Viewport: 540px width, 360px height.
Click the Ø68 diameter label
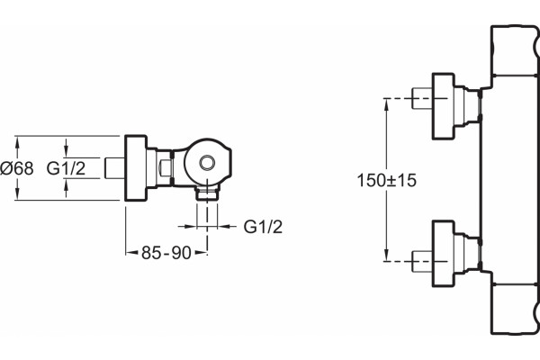point(17,168)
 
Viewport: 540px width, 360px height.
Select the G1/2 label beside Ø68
point(66,168)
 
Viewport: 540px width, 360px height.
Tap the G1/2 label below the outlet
point(263,227)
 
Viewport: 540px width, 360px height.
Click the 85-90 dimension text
point(166,253)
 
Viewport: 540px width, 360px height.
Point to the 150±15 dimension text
point(387,180)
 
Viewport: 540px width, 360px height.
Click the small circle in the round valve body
point(207,162)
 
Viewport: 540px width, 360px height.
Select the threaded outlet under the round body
point(207,193)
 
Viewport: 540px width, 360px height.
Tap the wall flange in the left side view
point(136,167)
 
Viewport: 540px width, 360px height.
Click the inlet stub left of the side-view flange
point(115,168)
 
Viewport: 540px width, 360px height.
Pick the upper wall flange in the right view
point(443,106)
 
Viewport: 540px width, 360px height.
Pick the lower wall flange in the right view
point(443,254)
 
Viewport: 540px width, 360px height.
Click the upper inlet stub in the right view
point(422,98)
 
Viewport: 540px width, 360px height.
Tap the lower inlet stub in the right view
point(422,262)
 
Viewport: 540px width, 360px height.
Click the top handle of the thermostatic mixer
point(515,50)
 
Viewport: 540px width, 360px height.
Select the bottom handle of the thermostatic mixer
point(515,309)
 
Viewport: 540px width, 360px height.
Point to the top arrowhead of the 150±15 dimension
point(387,104)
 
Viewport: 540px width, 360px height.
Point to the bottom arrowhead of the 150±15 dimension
point(387,255)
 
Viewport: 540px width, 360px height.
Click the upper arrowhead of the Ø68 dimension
point(17,142)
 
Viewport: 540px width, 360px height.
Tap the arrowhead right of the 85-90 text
point(201,253)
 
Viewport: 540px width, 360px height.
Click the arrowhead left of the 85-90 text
point(131,253)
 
